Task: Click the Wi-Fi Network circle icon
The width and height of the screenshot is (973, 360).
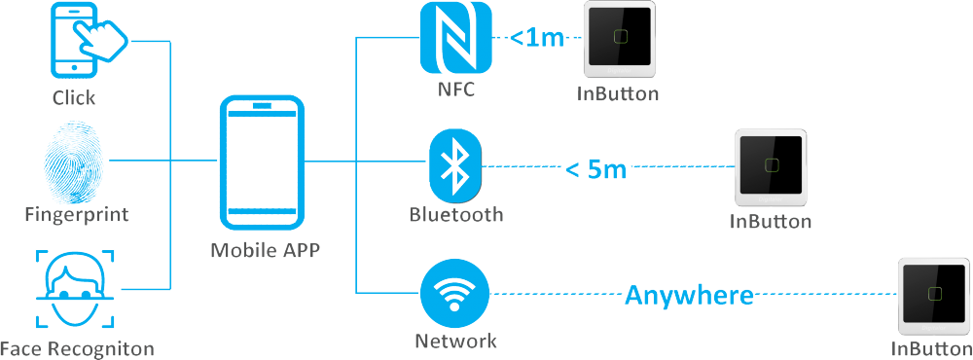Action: pyautogui.click(x=455, y=294)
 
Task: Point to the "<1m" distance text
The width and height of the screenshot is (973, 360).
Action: pyautogui.click(x=537, y=39)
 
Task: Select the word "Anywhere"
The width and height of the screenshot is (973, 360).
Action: pyautogui.click(x=689, y=294)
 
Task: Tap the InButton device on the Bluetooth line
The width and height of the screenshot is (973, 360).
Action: pyautogui.click(x=771, y=166)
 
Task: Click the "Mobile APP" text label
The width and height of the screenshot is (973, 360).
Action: pyautogui.click(x=266, y=250)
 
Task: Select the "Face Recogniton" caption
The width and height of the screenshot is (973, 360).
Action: pyautogui.click(x=77, y=348)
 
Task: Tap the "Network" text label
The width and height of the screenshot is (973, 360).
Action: pyautogui.click(x=455, y=342)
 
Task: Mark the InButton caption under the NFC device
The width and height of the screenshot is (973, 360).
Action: pyautogui.click(x=619, y=94)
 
